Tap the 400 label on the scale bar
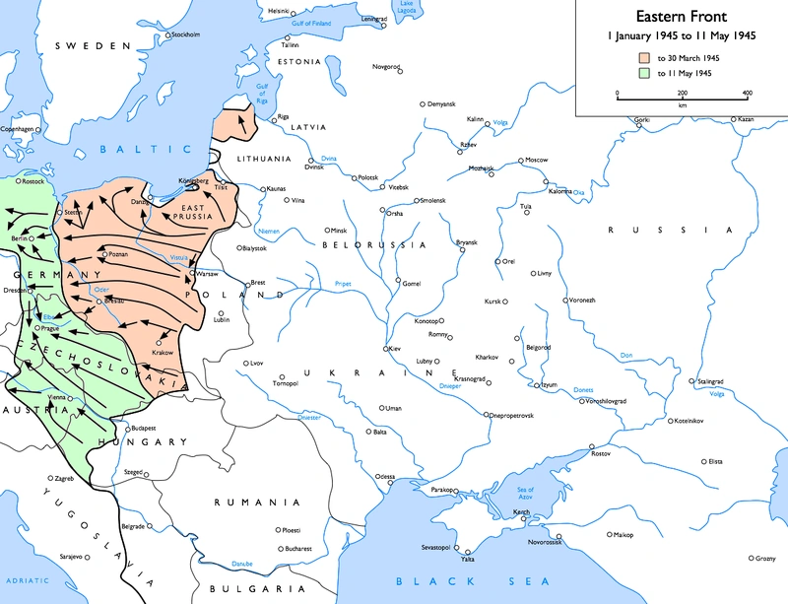click(x=747, y=92)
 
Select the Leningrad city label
click(x=374, y=19)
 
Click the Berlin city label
click(x=17, y=238)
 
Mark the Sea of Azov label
click(x=525, y=494)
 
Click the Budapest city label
click(x=145, y=429)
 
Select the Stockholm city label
click(x=187, y=34)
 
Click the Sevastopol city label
click(x=436, y=546)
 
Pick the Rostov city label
click(x=601, y=453)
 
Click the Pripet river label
click(x=342, y=283)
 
